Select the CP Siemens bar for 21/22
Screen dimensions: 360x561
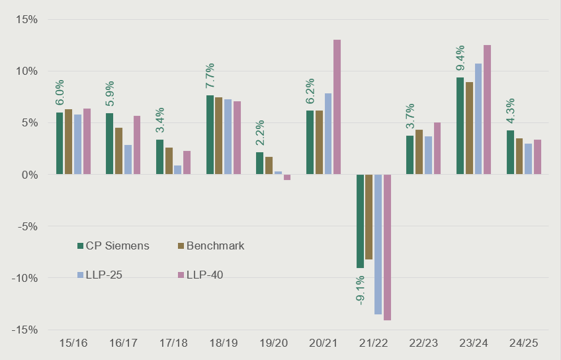[x=360, y=221]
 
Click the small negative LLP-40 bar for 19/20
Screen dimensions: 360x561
[x=287, y=177]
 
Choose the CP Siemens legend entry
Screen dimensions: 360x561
[x=112, y=246]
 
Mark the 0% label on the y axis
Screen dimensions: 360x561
[x=30, y=175]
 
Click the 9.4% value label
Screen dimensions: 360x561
[x=460, y=58]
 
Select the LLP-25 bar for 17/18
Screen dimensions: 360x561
[x=178, y=170]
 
